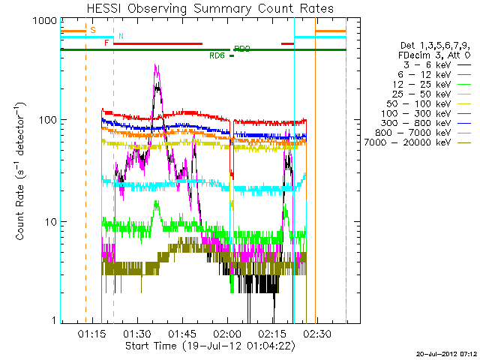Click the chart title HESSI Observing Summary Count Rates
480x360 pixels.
tap(211, 8)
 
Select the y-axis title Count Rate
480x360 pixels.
tap(22, 172)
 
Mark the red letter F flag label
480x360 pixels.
tap(106, 43)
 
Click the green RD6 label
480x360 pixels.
tap(217, 55)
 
